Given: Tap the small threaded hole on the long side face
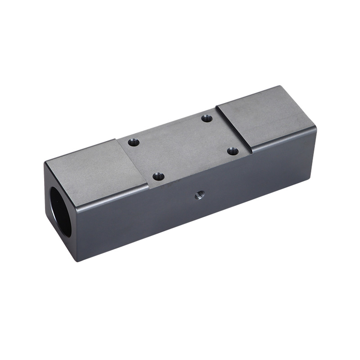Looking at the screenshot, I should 198,195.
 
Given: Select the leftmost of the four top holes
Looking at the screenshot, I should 133,142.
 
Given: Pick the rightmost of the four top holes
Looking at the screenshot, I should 232,151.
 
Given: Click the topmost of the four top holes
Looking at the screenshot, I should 207,118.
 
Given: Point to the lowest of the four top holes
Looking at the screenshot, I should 158,176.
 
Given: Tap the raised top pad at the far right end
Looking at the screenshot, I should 265,117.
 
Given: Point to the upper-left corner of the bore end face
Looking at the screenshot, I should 45,163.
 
